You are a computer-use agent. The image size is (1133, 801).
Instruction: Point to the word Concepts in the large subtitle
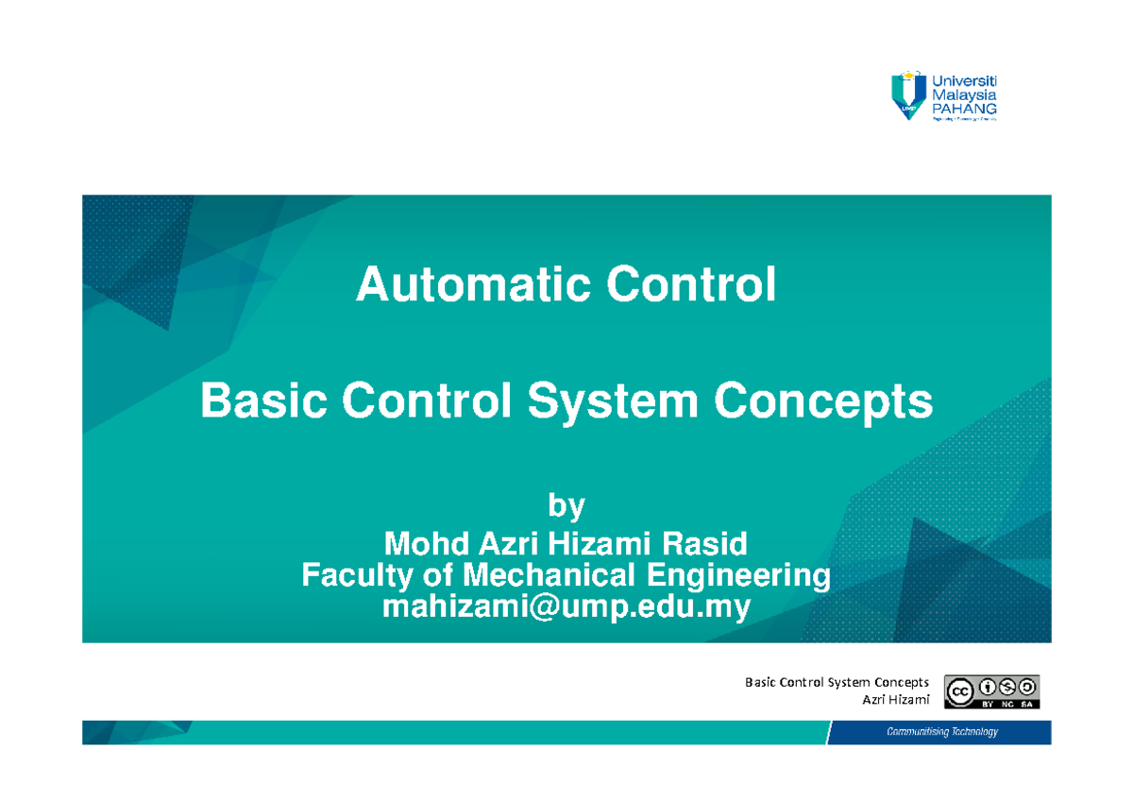[x=823, y=403]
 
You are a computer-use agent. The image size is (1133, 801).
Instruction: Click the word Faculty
[x=355, y=575]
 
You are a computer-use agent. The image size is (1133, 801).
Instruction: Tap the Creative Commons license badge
[x=991, y=691]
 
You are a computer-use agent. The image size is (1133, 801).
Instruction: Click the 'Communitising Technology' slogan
[x=941, y=732]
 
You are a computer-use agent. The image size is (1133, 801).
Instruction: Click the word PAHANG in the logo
[x=964, y=109]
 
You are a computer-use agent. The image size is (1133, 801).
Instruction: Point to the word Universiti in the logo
[x=964, y=79]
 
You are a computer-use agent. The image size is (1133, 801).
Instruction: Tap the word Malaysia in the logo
[x=964, y=94]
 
